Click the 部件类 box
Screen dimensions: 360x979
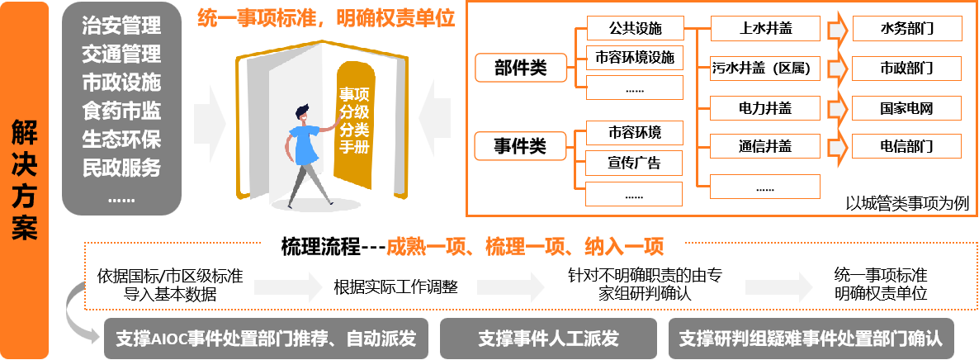(x=520, y=67)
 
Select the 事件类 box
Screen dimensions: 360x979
(x=520, y=146)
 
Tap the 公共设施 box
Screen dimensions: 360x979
(x=635, y=29)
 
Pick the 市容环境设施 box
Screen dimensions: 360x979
(x=635, y=58)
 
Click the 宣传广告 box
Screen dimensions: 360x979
(x=635, y=163)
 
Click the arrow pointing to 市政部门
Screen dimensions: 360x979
(x=838, y=68)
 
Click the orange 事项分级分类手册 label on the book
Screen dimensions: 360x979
(x=354, y=122)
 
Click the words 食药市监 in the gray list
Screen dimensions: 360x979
(x=121, y=110)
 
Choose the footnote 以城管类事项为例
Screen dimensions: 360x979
(x=907, y=202)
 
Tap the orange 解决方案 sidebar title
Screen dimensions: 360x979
(x=26, y=179)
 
